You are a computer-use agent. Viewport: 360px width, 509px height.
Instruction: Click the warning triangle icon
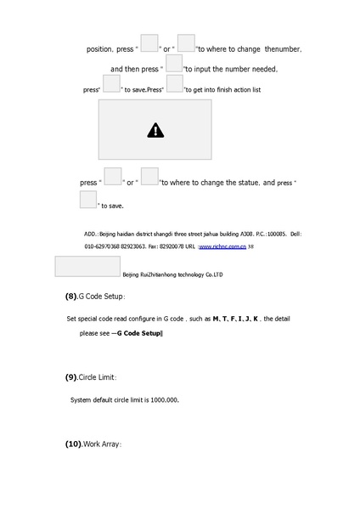(x=155, y=130)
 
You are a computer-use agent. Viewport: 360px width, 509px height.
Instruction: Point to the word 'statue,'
(x=247, y=183)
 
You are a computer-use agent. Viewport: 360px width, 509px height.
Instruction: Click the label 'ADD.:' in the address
(x=91, y=232)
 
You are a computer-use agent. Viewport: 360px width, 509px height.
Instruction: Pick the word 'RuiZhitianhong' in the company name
(x=160, y=275)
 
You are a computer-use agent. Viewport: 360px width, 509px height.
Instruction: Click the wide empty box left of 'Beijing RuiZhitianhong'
(x=87, y=266)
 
